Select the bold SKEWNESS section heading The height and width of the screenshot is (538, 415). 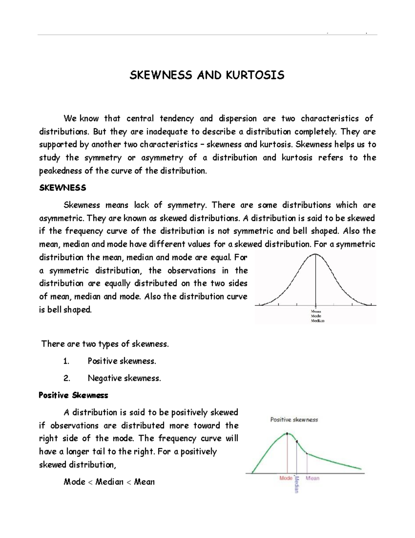(x=63, y=188)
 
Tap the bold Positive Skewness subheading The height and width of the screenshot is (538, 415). (x=73, y=395)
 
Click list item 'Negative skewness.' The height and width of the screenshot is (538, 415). (x=124, y=378)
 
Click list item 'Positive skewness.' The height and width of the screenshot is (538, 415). (x=122, y=361)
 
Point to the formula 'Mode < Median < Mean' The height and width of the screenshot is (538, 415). (x=109, y=482)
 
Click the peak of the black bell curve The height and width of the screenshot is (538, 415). (x=315, y=254)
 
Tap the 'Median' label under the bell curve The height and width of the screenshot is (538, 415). (x=317, y=321)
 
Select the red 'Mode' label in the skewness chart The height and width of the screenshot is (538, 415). (x=286, y=478)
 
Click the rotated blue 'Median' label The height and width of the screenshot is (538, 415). (x=296, y=484)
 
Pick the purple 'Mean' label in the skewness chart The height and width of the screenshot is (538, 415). (x=312, y=478)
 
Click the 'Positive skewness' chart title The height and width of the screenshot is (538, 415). (x=294, y=420)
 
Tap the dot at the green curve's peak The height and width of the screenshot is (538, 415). (x=287, y=433)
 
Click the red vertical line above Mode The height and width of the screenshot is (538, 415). (x=287, y=454)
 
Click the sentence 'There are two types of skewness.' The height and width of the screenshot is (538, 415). (x=105, y=344)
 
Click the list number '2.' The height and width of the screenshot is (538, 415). (x=67, y=378)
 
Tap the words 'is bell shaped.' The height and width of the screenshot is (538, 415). (x=65, y=310)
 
